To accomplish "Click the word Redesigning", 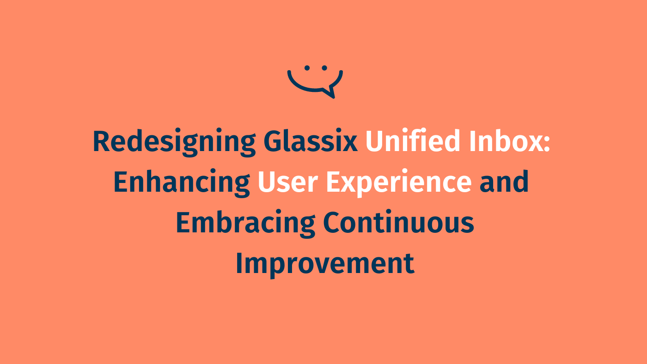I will [174, 142].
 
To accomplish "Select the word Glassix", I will [311, 142].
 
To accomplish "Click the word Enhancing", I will [182, 182].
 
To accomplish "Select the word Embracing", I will [245, 223].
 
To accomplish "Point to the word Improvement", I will [324, 264].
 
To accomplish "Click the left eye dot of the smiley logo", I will [307, 68].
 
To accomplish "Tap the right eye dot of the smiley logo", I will [324, 68].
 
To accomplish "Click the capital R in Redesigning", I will [101, 142].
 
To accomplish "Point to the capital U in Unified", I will [374, 142].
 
